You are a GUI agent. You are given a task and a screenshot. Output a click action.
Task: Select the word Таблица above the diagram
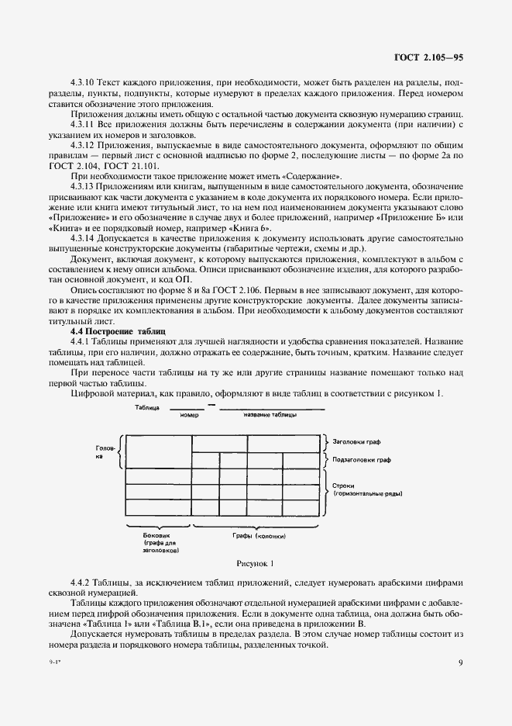146,406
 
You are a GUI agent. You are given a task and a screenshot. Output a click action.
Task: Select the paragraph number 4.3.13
83,188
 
